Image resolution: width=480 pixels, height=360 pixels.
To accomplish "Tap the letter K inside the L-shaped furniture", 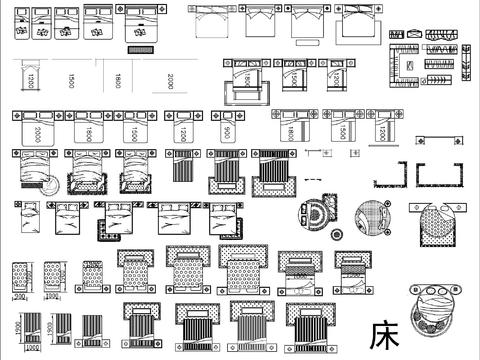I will (x=408, y=66).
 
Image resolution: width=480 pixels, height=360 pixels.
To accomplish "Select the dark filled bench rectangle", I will (x=139, y=48).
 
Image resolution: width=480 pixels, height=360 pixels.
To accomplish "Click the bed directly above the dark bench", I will (x=140, y=21).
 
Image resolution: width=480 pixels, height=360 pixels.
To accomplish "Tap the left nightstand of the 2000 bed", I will (x=16, y=116).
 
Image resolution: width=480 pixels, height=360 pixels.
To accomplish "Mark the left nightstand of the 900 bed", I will (x=214, y=116).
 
